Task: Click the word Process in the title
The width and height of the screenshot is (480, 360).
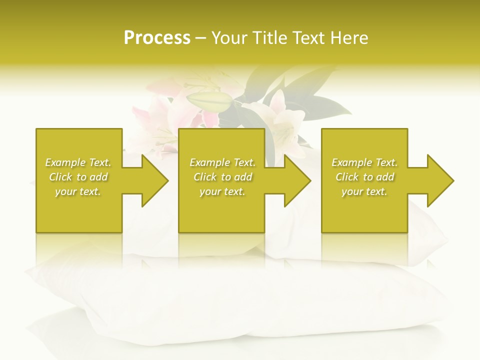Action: [x=157, y=38]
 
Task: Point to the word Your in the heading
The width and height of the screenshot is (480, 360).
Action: [x=229, y=38]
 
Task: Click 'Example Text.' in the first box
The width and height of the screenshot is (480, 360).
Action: [x=78, y=162]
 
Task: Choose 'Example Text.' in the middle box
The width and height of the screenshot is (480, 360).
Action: [x=222, y=162]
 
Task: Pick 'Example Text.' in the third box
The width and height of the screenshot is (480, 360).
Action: [x=364, y=162]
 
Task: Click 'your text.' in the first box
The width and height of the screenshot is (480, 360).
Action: [x=78, y=191]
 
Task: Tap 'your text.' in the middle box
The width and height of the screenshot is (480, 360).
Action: [x=222, y=191]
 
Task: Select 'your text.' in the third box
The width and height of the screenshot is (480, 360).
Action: [x=364, y=191]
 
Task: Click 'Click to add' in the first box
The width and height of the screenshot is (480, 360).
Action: [x=78, y=177]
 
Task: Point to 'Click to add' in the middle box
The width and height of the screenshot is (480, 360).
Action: [x=222, y=177]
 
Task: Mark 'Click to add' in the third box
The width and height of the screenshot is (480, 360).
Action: [x=364, y=177]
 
